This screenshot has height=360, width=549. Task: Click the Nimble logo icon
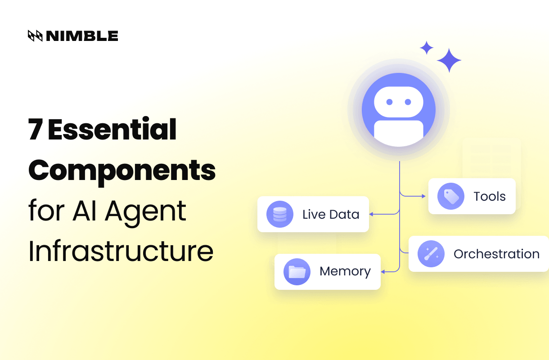pyautogui.click(x=35, y=36)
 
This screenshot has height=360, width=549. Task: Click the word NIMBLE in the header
pyautogui.click(x=82, y=36)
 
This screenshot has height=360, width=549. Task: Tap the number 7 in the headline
pyautogui.click(x=36, y=130)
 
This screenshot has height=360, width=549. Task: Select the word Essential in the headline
pyautogui.click(x=112, y=130)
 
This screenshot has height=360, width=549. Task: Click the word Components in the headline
pyautogui.click(x=122, y=170)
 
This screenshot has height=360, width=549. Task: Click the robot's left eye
pyautogui.click(x=390, y=102)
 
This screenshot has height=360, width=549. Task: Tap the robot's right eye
pyautogui.click(x=408, y=102)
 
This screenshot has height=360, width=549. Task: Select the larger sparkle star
pyautogui.click(x=449, y=60)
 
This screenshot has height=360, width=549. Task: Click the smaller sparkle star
pyautogui.click(x=426, y=48)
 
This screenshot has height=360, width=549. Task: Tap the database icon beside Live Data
pyautogui.click(x=279, y=214)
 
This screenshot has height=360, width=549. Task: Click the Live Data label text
pyautogui.click(x=331, y=214)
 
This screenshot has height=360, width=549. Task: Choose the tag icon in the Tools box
pyautogui.click(x=450, y=196)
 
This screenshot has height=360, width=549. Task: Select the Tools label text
pyautogui.click(x=490, y=196)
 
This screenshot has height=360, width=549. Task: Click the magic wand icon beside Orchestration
pyautogui.click(x=431, y=254)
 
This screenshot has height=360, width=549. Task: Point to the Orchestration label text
pyautogui.click(x=496, y=254)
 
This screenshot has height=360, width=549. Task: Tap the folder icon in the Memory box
pyautogui.click(x=297, y=272)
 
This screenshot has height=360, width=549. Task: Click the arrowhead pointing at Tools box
pyautogui.click(x=423, y=196)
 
